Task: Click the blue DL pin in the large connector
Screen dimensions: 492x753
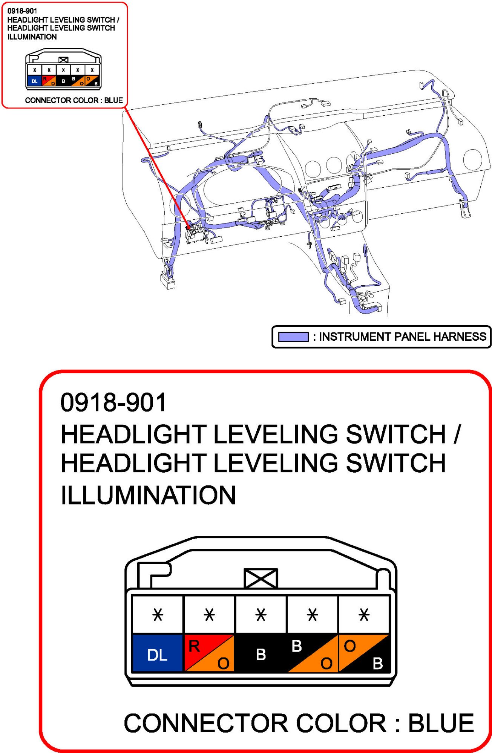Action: [x=157, y=653]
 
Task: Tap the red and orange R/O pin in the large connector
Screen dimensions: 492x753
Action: [x=209, y=653]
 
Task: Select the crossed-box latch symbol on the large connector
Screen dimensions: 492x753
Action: [x=261, y=578]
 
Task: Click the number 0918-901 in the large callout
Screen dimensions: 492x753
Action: [x=113, y=402]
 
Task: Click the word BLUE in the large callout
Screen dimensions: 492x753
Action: [x=441, y=723]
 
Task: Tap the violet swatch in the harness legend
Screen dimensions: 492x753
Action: [x=293, y=337]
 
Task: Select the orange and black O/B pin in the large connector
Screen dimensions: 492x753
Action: [x=364, y=653]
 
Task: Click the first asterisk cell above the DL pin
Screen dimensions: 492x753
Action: [x=158, y=614]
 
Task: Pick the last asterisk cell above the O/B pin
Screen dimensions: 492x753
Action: [x=364, y=614]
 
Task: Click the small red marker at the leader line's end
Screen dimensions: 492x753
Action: [x=188, y=227]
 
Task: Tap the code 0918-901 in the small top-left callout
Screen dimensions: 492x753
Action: [x=22, y=11]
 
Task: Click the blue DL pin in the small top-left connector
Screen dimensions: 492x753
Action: [x=34, y=81]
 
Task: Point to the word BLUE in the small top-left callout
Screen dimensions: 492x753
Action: [x=113, y=100]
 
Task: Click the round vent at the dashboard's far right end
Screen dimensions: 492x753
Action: [x=472, y=159]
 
